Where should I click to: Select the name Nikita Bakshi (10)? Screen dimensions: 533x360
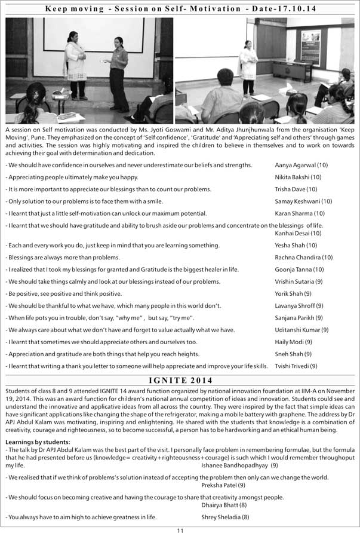coord(298,177)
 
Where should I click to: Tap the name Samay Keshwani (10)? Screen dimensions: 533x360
coord(303,201)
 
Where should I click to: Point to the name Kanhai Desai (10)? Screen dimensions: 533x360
coord(298,233)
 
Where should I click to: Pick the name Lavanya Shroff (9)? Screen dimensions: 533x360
coord(299,306)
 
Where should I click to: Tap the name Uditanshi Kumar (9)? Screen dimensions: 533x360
coord(301,330)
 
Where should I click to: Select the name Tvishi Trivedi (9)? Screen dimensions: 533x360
coord(296,366)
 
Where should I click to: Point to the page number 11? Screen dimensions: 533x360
coord(180,529)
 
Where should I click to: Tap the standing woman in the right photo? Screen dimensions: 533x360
coord(247,69)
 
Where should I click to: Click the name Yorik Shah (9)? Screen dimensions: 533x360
coord(293,293)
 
